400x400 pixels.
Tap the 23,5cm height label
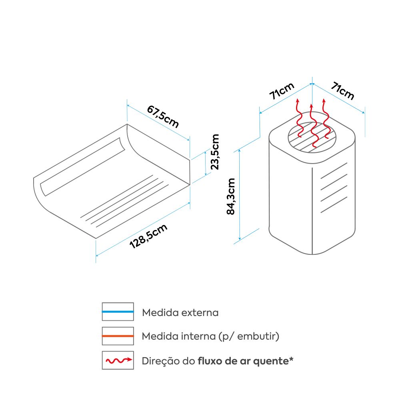tap(215, 152)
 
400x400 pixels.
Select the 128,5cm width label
tap(148, 237)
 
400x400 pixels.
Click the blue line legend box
tap(118, 312)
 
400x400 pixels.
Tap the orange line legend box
tap(118, 336)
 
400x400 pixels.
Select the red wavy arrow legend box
tap(118, 360)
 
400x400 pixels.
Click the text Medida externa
tap(180, 312)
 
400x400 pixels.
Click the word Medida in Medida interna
tap(157, 336)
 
